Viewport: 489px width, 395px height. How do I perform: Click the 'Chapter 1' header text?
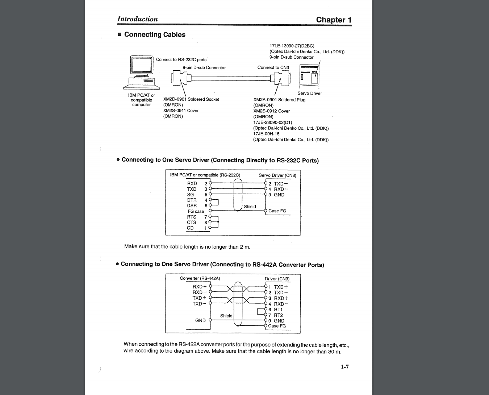[x=333, y=20]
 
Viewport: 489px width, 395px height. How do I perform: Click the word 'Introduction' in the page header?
[x=137, y=19]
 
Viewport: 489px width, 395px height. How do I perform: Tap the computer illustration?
[x=142, y=72]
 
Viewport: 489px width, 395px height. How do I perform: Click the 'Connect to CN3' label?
[x=273, y=67]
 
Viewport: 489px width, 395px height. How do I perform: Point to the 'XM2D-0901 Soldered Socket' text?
[x=191, y=99]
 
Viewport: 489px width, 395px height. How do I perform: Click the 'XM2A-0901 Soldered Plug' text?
[x=279, y=100]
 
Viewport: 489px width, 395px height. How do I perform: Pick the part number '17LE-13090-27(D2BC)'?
[x=292, y=46]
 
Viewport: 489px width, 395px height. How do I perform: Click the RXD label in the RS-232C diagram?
[x=192, y=184]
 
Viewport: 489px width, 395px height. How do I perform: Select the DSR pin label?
[x=192, y=206]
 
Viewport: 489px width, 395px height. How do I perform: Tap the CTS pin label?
[x=192, y=223]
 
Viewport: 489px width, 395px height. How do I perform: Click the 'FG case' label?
[x=196, y=211]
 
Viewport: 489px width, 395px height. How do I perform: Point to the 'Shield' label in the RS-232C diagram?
[x=250, y=207]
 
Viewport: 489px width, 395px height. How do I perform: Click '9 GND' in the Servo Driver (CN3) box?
[x=276, y=195]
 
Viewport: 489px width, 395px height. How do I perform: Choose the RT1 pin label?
[x=278, y=310]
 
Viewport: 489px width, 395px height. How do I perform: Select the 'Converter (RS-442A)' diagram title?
[x=200, y=278]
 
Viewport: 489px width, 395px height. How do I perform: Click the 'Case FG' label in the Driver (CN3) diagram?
[x=277, y=326]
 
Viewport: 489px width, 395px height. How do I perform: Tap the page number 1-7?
[x=344, y=367]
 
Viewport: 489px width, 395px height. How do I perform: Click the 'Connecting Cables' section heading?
[x=155, y=35]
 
